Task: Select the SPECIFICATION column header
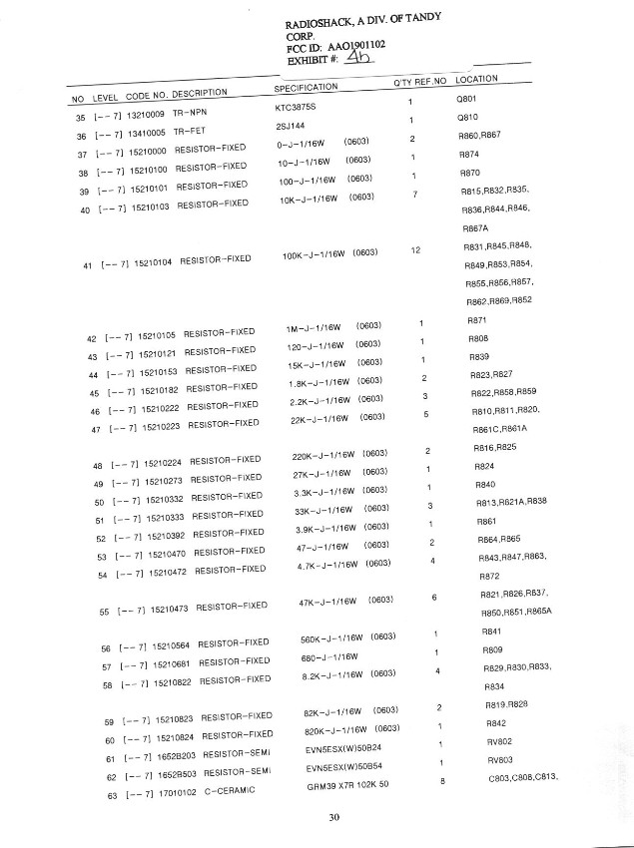pyautogui.click(x=306, y=88)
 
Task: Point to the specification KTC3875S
pyautogui.click(x=296, y=105)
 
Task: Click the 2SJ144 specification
pyautogui.click(x=291, y=125)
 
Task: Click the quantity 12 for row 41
pyautogui.click(x=415, y=248)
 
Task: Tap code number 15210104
pyautogui.click(x=153, y=262)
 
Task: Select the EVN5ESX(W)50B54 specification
pyautogui.click(x=343, y=767)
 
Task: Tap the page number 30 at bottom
pyautogui.click(x=334, y=819)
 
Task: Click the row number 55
pyautogui.click(x=105, y=611)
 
